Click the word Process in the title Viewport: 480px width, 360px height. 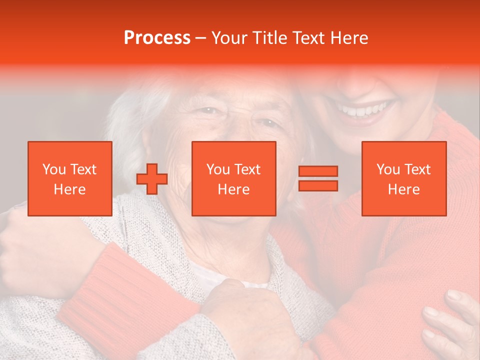(x=157, y=38)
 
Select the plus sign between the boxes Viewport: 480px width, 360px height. (x=152, y=179)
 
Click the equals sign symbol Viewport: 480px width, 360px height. (x=318, y=178)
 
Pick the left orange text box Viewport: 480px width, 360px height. (x=70, y=178)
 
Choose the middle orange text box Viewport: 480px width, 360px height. (x=234, y=178)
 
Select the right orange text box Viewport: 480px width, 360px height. (x=404, y=178)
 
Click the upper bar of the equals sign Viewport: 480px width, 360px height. (x=318, y=171)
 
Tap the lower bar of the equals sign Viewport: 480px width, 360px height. (x=318, y=185)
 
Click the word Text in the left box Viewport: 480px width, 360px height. (x=83, y=169)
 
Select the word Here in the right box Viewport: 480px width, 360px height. (x=404, y=189)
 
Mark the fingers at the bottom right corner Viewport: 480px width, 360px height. (x=450, y=320)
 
